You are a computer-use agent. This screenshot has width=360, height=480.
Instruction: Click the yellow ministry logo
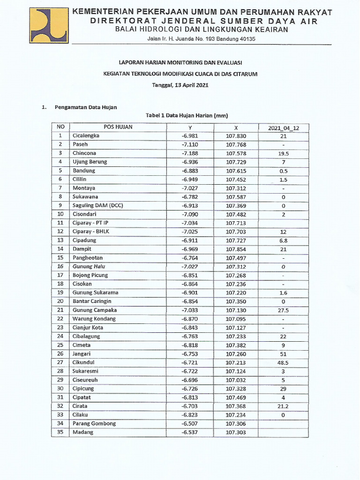[x=49, y=26]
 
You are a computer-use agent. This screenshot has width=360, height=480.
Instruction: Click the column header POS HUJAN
[x=118, y=127]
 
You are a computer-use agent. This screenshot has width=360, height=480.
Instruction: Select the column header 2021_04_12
[x=283, y=127]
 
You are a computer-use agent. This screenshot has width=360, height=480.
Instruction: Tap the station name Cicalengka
[x=86, y=136]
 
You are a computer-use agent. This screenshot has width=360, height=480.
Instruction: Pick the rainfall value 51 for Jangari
[x=283, y=354]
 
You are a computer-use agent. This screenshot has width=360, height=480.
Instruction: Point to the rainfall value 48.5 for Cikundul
[x=283, y=363]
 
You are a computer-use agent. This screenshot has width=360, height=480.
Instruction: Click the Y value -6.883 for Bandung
[x=190, y=171]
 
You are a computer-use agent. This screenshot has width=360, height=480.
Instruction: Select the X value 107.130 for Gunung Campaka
[x=236, y=310]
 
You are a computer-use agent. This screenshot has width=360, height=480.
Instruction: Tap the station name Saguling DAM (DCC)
[x=97, y=205]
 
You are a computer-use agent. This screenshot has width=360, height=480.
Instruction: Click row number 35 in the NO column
[x=60, y=432]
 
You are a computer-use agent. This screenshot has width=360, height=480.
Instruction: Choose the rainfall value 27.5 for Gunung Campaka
[x=283, y=310]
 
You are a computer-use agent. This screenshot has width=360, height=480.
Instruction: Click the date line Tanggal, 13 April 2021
[x=180, y=85]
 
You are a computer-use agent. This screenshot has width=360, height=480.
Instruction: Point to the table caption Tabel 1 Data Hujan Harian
[x=180, y=115]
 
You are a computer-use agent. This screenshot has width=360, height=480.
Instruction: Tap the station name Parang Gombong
[x=94, y=423]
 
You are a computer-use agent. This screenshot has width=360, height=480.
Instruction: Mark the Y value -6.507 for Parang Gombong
[x=190, y=423]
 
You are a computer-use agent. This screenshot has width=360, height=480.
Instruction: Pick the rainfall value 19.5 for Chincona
[x=283, y=153]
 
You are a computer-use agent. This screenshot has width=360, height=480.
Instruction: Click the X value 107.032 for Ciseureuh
[x=236, y=380]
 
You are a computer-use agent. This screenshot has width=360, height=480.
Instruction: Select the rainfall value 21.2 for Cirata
[x=283, y=406]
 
